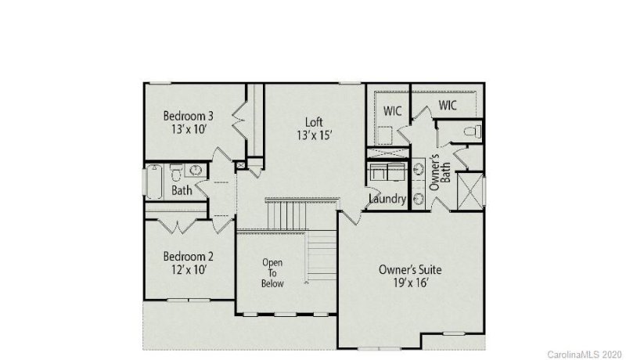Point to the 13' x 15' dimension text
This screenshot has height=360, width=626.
coord(315,135)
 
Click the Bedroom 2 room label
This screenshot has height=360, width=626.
coord(188,256)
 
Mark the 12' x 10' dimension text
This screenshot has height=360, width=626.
coord(188,270)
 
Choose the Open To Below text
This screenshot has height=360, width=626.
coord(272,273)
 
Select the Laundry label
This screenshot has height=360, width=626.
coord(387,200)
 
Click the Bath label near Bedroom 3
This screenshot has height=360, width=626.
coord(182,190)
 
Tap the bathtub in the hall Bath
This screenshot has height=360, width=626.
coord(153,182)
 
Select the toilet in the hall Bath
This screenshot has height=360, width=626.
coord(177,171)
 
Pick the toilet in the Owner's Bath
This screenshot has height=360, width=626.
coord(472,131)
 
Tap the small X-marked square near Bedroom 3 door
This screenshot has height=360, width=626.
coord(240,164)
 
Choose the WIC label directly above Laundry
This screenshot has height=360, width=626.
coord(393,111)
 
